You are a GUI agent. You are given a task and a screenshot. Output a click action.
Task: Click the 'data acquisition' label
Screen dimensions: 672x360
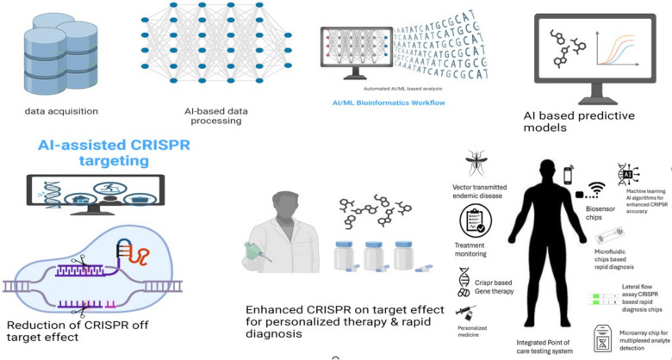tap(61, 111)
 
